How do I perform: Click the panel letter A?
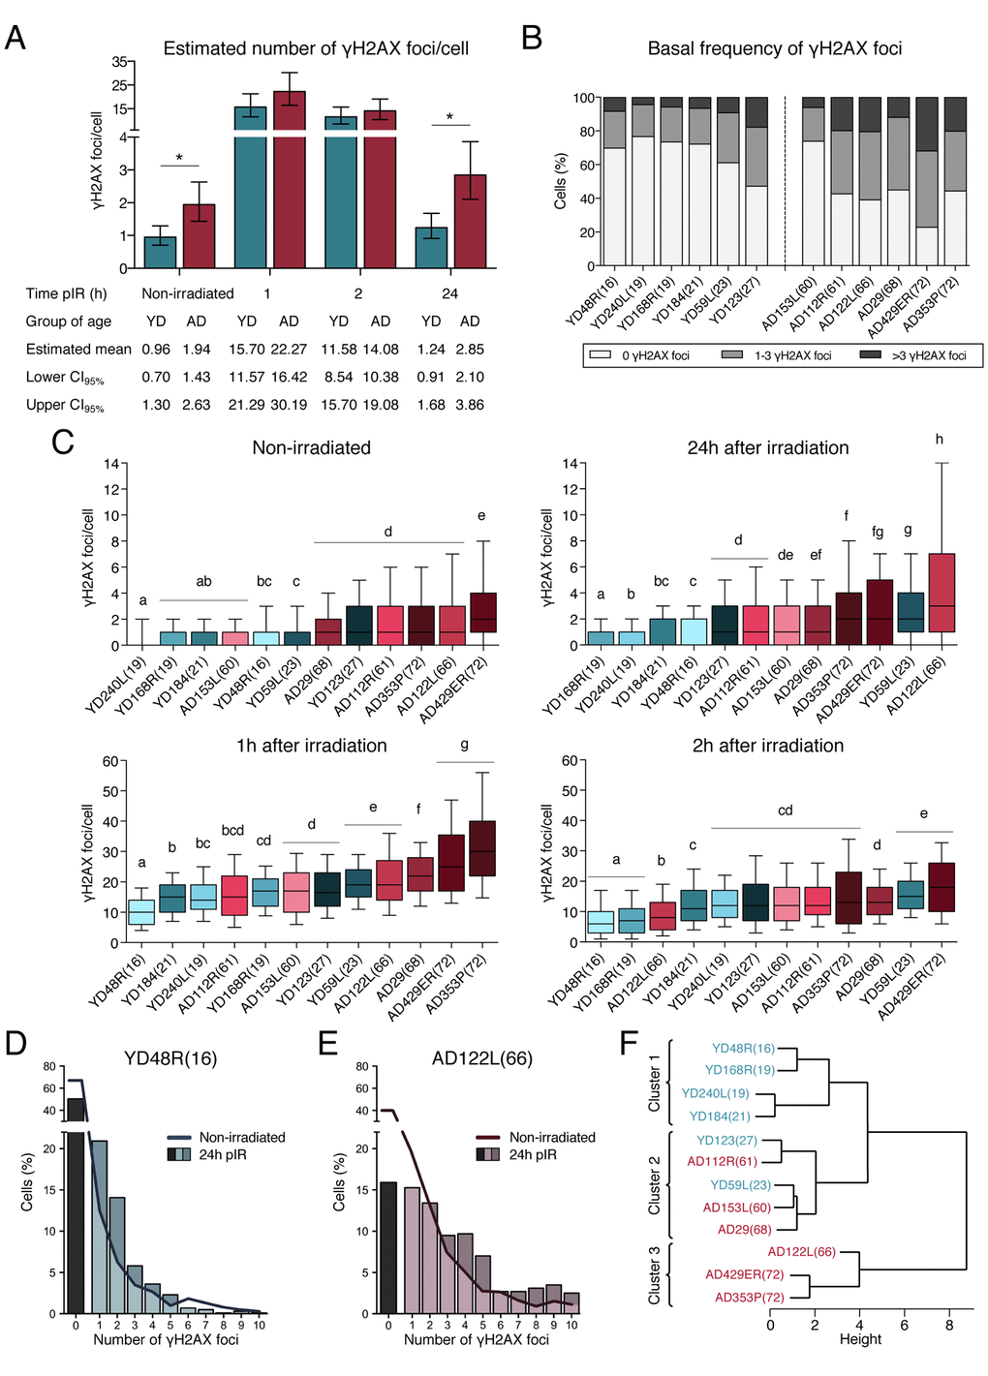tap(15, 38)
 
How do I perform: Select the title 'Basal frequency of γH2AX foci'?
tap(774, 48)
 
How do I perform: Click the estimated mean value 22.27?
tap(289, 349)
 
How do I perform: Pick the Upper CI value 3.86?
tap(470, 405)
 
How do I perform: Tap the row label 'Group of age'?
tap(69, 321)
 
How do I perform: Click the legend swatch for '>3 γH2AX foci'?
tap(869, 355)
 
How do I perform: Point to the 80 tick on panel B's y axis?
tap(586, 132)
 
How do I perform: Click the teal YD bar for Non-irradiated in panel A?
tap(160, 252)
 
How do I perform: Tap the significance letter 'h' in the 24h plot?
tap(939, 440)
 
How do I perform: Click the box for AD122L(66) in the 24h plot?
tap(942, 593)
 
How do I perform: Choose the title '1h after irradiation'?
tap(311, 746)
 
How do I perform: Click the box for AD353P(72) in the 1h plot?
tap(482, 848)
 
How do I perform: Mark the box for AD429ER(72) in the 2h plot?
tap(941, 886)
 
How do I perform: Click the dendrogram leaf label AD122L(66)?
tap(801, 1252)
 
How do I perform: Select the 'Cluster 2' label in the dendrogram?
tap(655, 1185)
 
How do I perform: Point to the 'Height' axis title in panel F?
tap(860, 1339)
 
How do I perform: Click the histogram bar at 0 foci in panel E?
tap(388, 1247)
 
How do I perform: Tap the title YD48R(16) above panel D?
tap(170, 1058)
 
